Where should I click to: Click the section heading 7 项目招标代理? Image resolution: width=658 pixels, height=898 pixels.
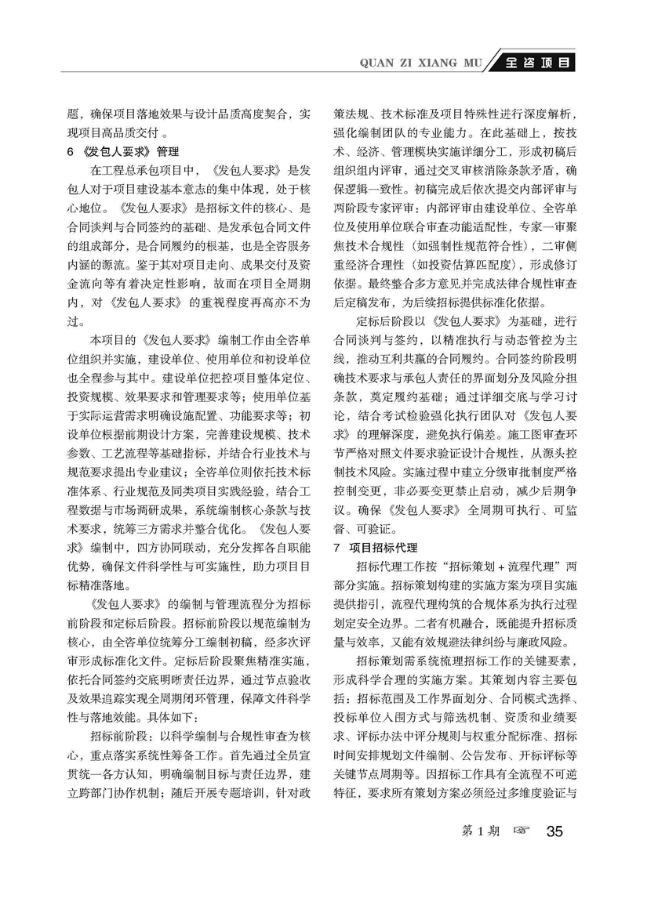(376, 546)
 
